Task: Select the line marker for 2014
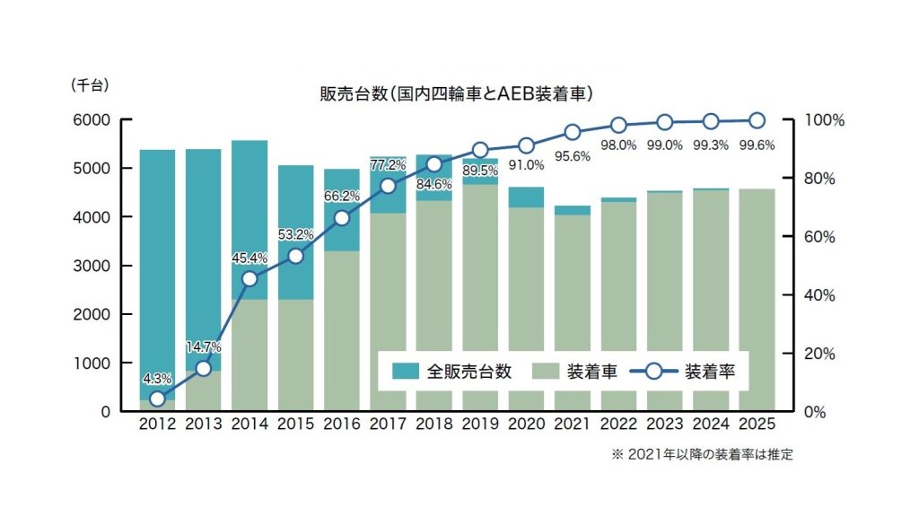(x=249, y=278)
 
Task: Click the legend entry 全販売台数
(x=452, y=371)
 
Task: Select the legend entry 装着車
(x=574, y=371)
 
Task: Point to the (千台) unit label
(x=89, y=86)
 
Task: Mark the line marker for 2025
(x=757, y=120)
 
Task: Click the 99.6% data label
(x=757, y=144)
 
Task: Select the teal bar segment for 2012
(x=157, y=269)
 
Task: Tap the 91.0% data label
(x=526, y=164)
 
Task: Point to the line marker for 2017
(x=388, y=186)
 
